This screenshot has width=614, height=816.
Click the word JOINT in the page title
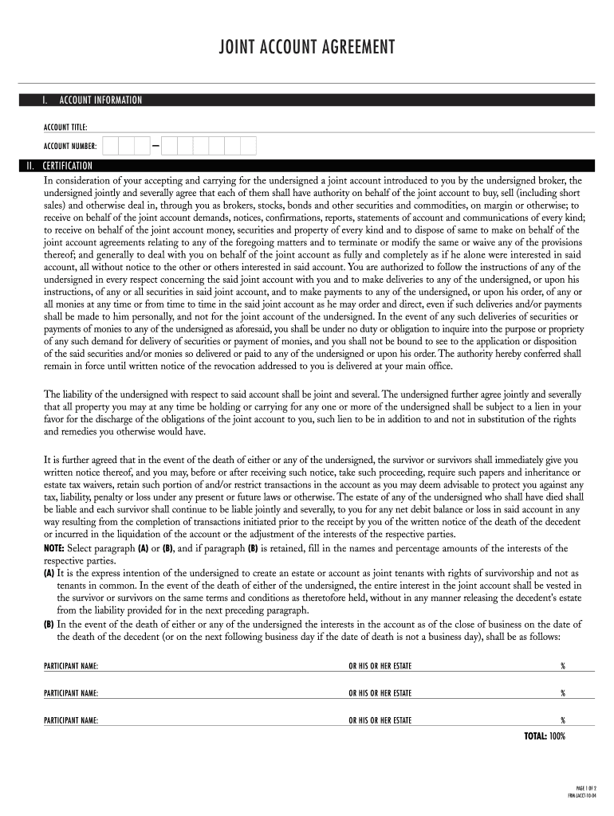tap(239, 49)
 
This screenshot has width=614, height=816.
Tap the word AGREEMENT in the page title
tap(356, 49)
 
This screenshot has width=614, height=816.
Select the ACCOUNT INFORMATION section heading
tap(100, 100)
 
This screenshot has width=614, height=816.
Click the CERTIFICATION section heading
tap(68, 166)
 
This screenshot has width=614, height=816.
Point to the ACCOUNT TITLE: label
tap(65, 127)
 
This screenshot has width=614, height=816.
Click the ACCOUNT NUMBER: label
tap(70, 146)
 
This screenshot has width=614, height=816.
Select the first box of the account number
tap(110, 146)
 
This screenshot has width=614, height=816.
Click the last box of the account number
tap(248, 146)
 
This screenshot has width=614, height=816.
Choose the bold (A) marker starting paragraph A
tap(49, 573)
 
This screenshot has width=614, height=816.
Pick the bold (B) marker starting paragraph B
tap(49, 624)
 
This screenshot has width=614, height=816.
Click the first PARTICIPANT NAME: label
tap(71, 666)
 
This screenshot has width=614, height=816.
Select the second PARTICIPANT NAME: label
tap(71, 693)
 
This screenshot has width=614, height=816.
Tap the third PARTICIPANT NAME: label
tap(71, 720)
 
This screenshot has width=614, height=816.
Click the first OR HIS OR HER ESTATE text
tap(380, 666)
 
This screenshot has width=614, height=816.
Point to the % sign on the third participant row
tap(562, 720)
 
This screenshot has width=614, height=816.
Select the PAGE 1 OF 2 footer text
tap(585, 787)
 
